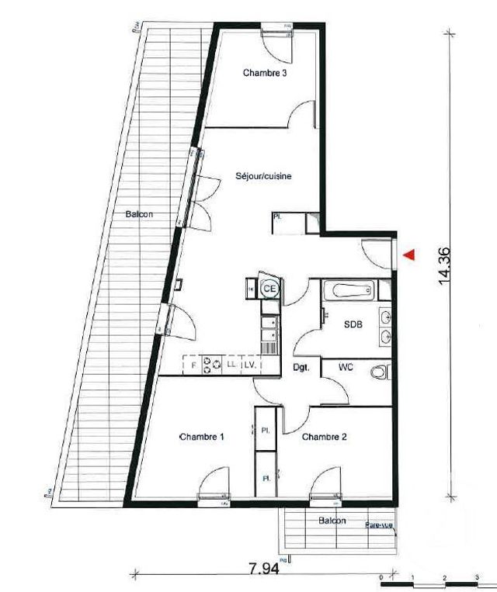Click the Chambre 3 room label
pyautogui.click(x=265, y=74)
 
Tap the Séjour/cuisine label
pyautogui.click(x=264, y=177)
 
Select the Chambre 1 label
pyautogui.click(x=202, y=437)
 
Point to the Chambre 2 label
pyautogui.click(x=325, y=437)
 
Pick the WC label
pyautogui.click(x=346, y=368)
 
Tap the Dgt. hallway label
pyautogui.click(x=301, y=368)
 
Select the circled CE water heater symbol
pyautogui.click(x=270, y=288)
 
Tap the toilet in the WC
pyautogui.click(x=378, y=373)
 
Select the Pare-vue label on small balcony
pyautogui.click(x=379, y=525)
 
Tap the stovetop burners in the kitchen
pyautogui.click(x=212, y=362)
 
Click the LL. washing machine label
pyautogui.click(x=231, y=363)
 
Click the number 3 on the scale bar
pyautogui.click(x=475, y=579)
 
